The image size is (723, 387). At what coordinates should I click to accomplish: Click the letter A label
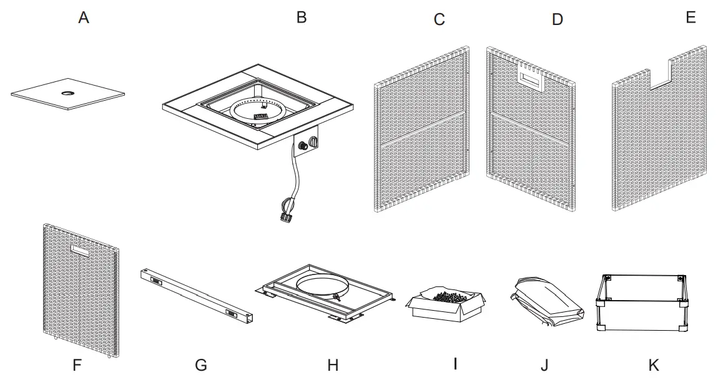click(x=84, y=18)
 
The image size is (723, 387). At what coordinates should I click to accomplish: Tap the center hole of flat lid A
click(x=66, y=93)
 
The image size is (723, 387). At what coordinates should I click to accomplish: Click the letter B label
click(x=302, y=18)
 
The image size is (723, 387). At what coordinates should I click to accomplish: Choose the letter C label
click(x=439, y=19)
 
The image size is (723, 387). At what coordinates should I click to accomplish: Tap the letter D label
click(x=558, y=19)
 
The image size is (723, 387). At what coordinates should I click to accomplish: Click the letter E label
click(x=691, y=18)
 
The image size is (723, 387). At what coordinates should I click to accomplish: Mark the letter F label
click(x=77, y=365)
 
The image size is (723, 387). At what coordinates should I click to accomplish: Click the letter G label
click(x=200, y=365)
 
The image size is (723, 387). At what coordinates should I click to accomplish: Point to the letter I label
click(x=455, y=363)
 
